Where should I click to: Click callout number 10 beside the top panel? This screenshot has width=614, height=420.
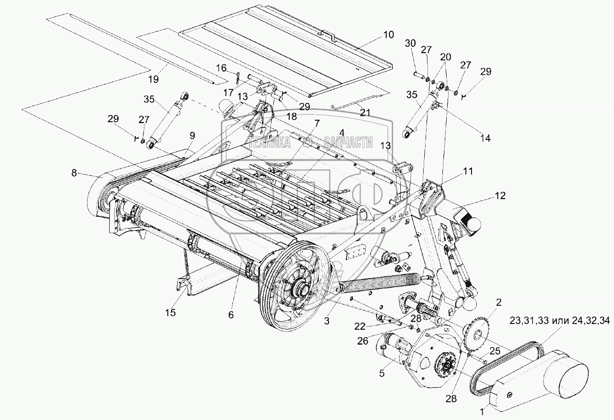click(389, 35)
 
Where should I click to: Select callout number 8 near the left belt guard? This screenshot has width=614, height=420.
click(75, 173)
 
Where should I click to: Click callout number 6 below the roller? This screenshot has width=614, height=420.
click(231, 315)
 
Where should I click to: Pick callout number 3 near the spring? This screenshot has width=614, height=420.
click(327, 321)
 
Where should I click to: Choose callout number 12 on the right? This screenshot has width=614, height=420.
click(500, 196)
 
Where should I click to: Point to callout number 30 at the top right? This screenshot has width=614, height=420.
click(410, 43)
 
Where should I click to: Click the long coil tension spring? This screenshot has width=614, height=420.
click(380, 283)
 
